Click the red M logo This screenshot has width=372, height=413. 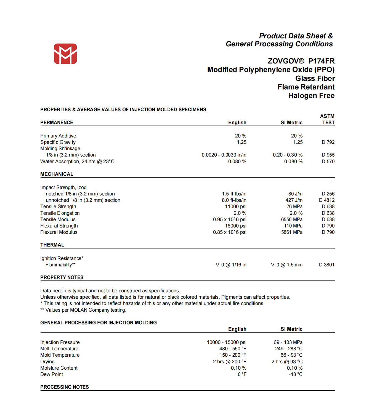tap(65, 54)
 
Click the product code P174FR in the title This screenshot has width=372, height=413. tap(321, 61)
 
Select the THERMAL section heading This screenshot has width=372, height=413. tap(52, 245)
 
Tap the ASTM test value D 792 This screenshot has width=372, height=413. tap(328, 142)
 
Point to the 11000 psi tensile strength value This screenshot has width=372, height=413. tap(235, 206)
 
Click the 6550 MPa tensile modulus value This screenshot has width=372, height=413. tap(292, 219)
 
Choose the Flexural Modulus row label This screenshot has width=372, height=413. tap(59, 232)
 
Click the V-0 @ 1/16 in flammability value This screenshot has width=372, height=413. tap(231, 265)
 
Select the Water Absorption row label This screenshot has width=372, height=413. tap(77, 162)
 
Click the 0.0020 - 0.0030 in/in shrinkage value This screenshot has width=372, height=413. tap(224, 155)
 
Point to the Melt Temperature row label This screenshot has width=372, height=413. tap(59, 349)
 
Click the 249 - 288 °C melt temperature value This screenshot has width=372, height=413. tap(289, 349)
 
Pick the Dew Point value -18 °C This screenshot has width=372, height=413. tap(296, 374)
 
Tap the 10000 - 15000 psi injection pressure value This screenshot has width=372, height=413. tap(227, 342)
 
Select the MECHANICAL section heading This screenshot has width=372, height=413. tap(57, 174)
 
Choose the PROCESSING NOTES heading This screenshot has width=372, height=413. tap(65, 387)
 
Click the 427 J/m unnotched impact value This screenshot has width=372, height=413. tap(294, 200)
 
